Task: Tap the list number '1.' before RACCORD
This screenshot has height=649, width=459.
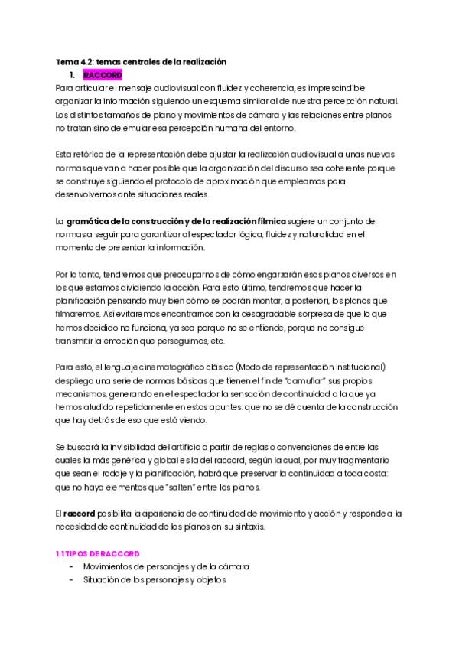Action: click(x=72, y=75)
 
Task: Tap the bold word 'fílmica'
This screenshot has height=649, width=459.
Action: click(x=263, y=221)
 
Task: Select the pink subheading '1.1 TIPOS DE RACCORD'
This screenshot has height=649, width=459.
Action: click(x=97, y=553)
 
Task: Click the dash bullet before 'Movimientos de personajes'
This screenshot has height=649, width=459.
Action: click(x=71, y=566)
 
